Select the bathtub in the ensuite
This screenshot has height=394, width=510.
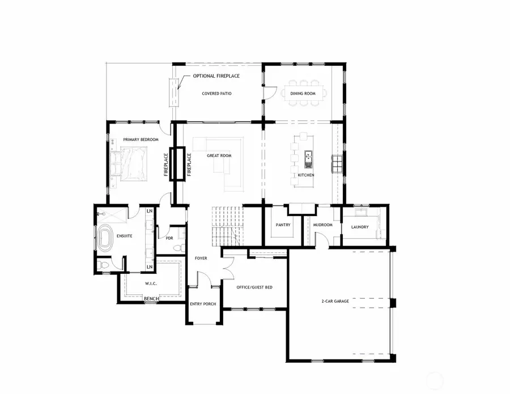click(105, 239)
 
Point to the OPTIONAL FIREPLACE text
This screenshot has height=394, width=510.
click(216, 76)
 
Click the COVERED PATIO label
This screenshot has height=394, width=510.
click(216, 94)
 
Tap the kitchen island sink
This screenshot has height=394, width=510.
click(308, 158)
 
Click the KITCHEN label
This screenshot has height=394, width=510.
click(306, 175)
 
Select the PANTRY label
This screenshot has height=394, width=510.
click(283, 225)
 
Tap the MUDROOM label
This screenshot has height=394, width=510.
click(322, 225)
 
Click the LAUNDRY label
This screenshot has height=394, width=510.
click(360, 227)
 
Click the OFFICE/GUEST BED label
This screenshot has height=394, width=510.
click(254, 287)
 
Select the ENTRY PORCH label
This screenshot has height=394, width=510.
click(201, 304)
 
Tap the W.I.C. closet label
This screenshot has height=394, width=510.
click(150, 283)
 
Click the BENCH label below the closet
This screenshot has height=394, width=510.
click(151, 298)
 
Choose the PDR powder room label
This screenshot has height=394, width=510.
click(169, 238)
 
